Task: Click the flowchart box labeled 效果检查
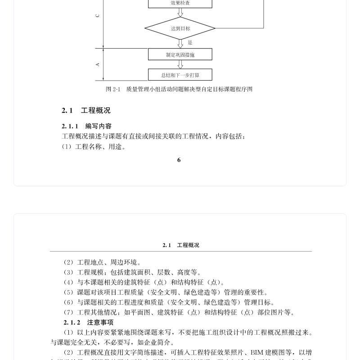point(180,3)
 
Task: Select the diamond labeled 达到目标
point(180,28)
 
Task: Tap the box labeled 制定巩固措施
point(180,55)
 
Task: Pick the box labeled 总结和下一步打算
point(180,75)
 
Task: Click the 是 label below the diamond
point(190,43)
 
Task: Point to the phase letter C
point(98,16)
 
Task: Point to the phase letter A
point(98,65)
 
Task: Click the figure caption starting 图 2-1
point(179,89)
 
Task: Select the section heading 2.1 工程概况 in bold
point(86,111)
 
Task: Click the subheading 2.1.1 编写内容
point(87,126)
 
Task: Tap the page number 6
point(179,160)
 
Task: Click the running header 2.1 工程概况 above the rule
point(180,245)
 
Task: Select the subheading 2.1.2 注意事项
point(88,323)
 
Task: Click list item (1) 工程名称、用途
point(94,147)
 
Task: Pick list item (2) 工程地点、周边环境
point(102,262)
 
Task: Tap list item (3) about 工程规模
point(132,272)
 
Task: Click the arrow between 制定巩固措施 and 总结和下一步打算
point(180,65)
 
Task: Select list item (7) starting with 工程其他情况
point(179,312)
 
